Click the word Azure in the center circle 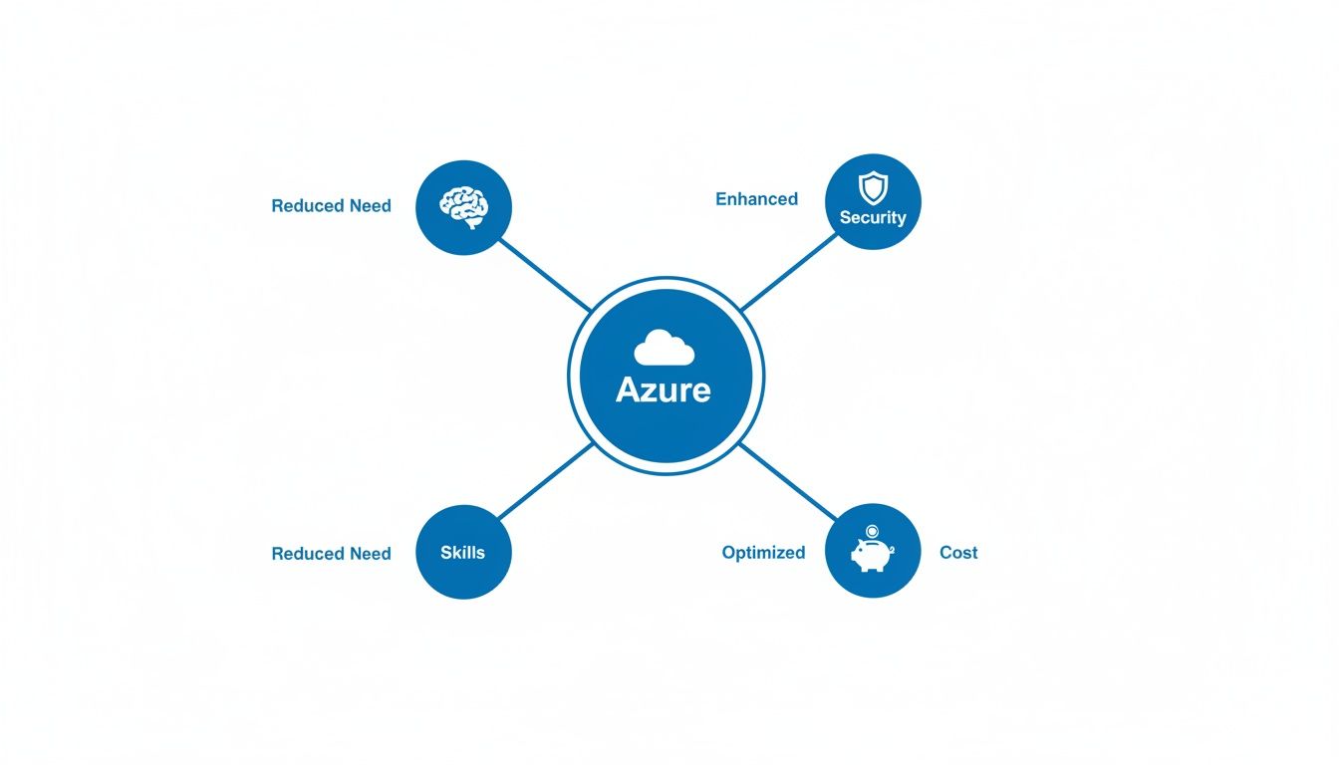pos(664,389)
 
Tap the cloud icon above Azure pos(664,348)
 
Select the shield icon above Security pos(873,186)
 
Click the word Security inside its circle pos(873,217)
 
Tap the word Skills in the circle pos(462,552)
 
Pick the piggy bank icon pos(871,555)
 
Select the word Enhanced pos(756,199)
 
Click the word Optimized pos(763,553)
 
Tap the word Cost pos(958,553)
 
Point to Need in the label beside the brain pos(370,206)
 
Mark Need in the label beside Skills pos(370,554)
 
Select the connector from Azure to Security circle pos(788,271)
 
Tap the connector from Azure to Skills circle pos(544,482)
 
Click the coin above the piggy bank pos(872,532)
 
